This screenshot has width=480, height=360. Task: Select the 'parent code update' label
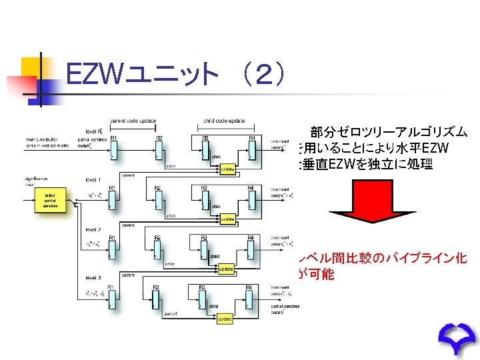point(133,121)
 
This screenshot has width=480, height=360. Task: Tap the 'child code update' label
point(224,121)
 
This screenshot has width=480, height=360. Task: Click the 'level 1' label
point(93,180)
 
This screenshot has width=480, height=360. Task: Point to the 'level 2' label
point(93,229)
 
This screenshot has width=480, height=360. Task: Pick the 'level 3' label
point(93,277)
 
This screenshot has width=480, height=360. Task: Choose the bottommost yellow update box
point(225,319)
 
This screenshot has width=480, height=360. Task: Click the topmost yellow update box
point(227,169)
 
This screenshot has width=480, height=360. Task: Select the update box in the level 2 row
point(227,268)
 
